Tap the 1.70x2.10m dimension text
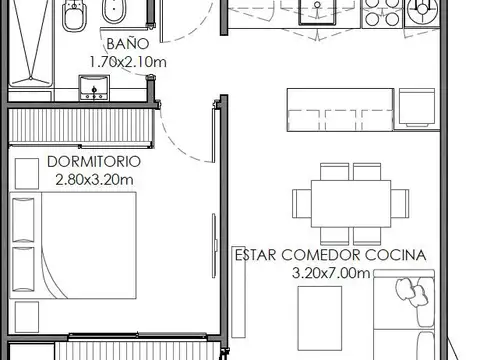click(x=128, y=62)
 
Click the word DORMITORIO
click(x=94, y=162)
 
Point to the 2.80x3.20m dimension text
click(x=94, y=180)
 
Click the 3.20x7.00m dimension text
click(x=331, y=273)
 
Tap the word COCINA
click(x=396, y=255)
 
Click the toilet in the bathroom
click(x=74, y=15)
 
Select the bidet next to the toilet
click(x=114, y=12)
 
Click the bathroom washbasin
click(x=94, y=88)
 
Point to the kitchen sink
click(x=317, y=12)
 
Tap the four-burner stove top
click(x=382, y=13)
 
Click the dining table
click(x=351, y=204)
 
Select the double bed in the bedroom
click(x=73, y=245)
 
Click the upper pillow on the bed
click(x=23, y=220)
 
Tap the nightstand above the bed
click(x=27, y=174)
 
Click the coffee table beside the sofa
click(x=320, y=318)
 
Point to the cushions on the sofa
click(x=412, y=292)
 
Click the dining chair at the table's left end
click(x=302, y=204)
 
